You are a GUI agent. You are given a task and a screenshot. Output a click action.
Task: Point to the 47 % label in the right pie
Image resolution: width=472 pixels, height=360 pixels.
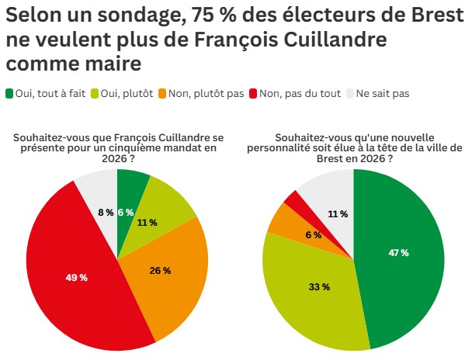click(397, 253)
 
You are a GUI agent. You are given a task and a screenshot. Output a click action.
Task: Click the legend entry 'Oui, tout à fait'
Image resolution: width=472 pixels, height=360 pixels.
click(46, 94)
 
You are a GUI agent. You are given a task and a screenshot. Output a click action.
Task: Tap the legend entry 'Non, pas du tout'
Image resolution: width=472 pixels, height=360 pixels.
click(300, 94)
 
